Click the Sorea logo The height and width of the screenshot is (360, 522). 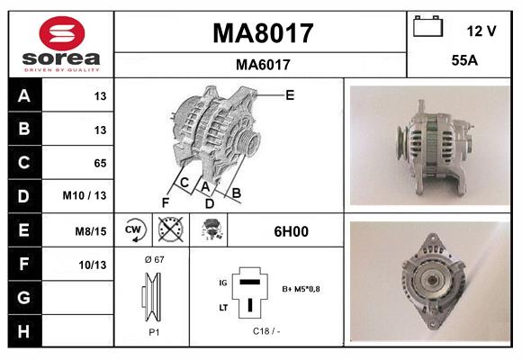[60, 43]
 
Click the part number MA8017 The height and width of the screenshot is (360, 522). [262, 33]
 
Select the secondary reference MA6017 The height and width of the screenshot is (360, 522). [262, 64]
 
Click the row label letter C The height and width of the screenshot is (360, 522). [23, 163]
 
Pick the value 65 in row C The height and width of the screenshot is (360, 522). [100, 163]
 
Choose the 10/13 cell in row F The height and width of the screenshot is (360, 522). [94, 265]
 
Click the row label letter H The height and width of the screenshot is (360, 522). [23, 331]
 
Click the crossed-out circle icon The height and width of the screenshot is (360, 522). [169, 230]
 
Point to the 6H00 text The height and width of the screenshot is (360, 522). [291, 230]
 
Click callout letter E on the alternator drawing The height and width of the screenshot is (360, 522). [289, 94]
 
